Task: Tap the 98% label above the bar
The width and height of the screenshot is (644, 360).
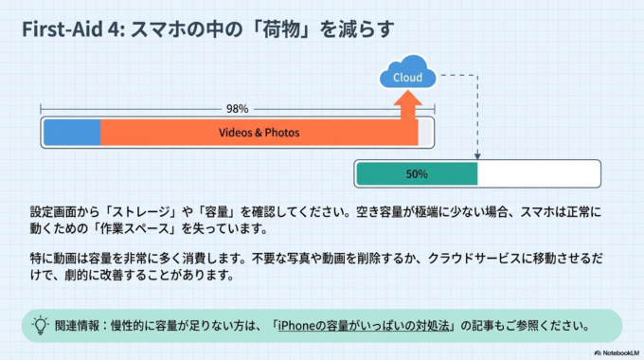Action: (238, 108)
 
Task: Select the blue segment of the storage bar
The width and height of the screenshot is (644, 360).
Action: (72, 133)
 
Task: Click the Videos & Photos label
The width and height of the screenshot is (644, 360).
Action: (259, 133)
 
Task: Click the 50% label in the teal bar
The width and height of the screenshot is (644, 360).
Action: (417, 174)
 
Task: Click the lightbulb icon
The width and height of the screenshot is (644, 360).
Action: (41, 324)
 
